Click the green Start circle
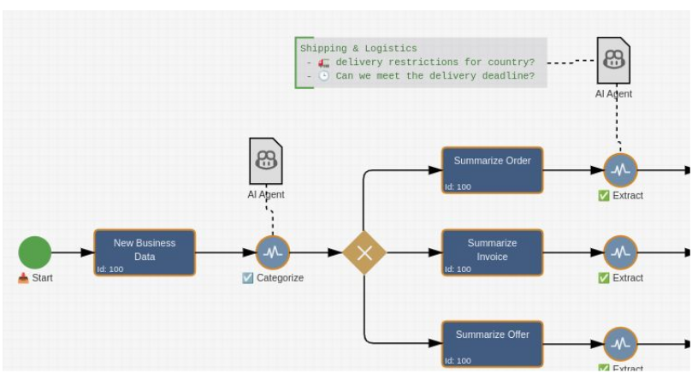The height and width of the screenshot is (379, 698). [x=35, y=252]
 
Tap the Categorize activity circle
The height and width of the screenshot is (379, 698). [x=273, y=252]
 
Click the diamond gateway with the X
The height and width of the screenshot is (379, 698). [x=364, y=252]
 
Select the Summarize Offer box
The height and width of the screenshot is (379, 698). [x=492, y=343]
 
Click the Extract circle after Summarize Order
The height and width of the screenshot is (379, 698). [x=620, y=169]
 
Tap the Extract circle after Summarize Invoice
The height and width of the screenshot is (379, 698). [x=620, y=252]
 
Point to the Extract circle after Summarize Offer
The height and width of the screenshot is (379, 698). [x=620, y=344]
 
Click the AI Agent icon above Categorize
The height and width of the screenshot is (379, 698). [x=266, y=161]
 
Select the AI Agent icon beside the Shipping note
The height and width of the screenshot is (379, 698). [x=613, y=60]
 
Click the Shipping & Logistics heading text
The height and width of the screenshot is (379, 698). [x=358, y=49]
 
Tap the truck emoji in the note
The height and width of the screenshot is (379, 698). [x=324, y=62]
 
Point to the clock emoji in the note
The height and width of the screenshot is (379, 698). [x=324, y=76]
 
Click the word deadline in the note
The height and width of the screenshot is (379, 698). [x=512, y=76]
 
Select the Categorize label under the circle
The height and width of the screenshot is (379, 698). [x=280, y=278]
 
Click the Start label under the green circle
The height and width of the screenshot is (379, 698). [x=42, y=278]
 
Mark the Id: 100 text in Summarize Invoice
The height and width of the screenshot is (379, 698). [x=458, y=269]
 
